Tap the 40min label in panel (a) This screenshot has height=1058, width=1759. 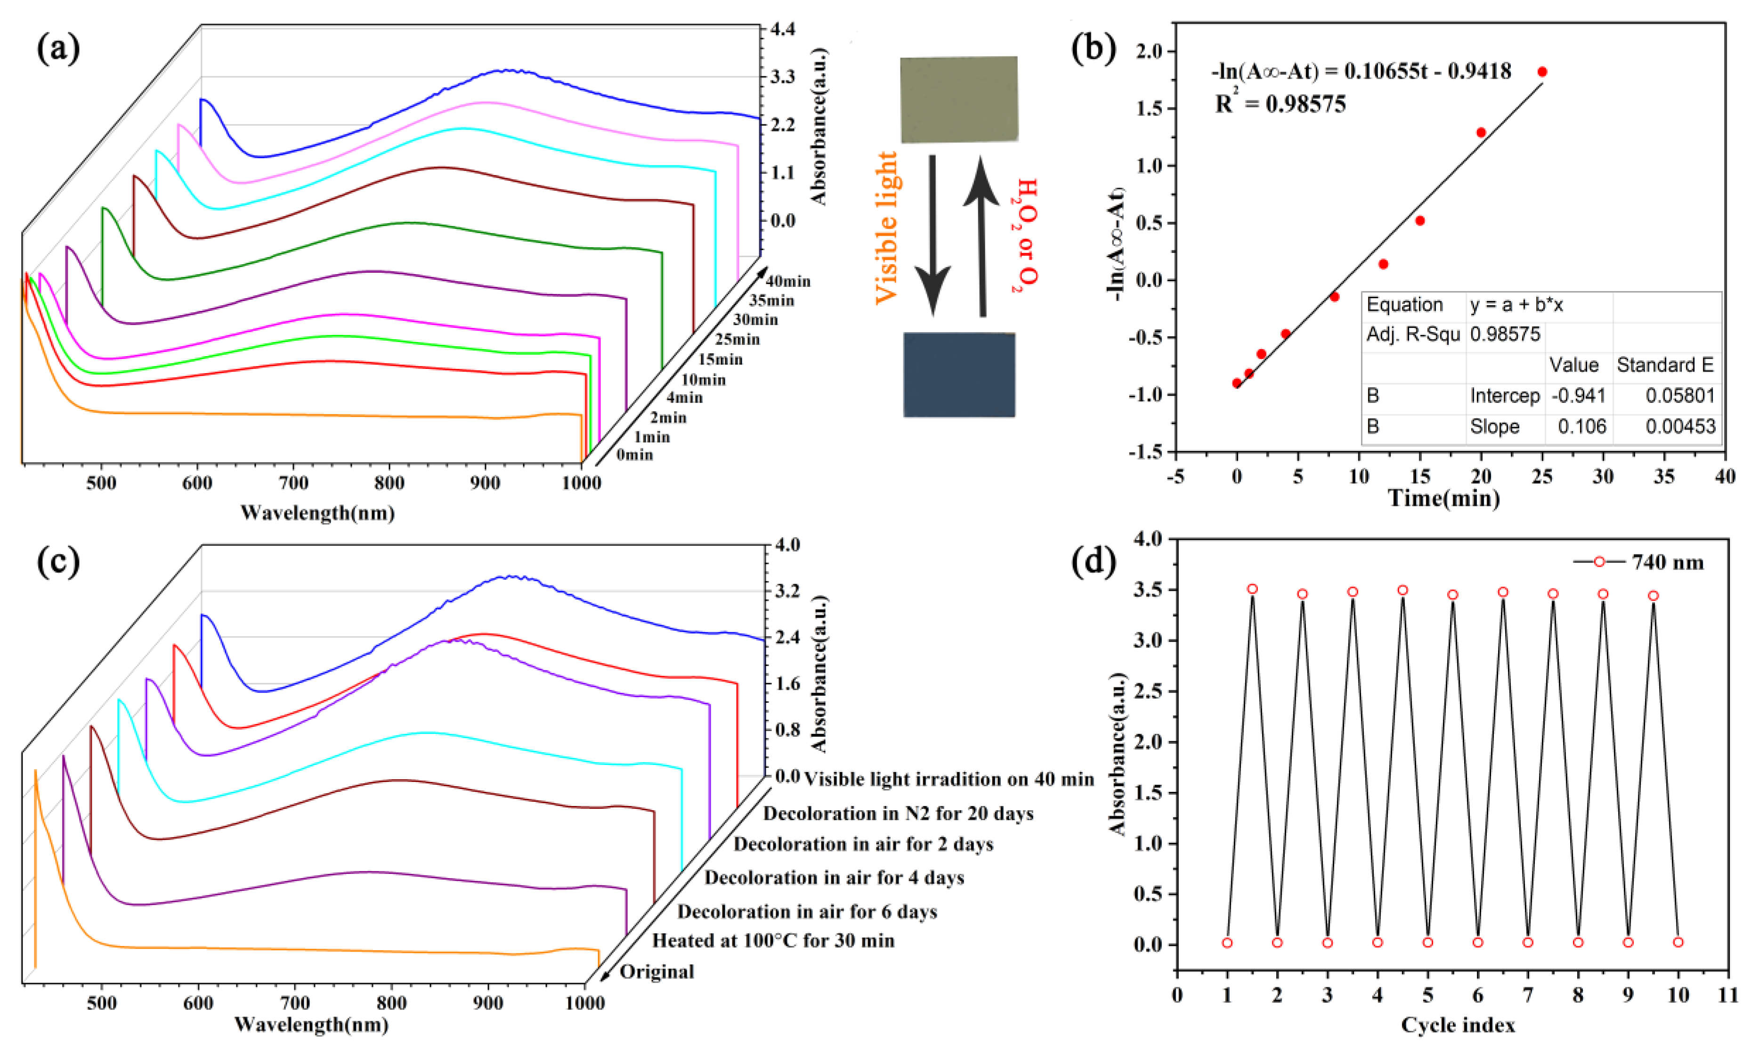click(x=787, y=281)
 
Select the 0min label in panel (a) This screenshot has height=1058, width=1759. click(x=634, y=454)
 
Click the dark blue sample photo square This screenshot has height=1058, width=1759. click(x=958, y=374)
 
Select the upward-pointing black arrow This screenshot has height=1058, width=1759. click(x=981, y=235)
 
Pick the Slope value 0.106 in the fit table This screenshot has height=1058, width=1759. click(x=1581, y=426)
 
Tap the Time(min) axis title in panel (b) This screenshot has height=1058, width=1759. click(x=1443, y=497)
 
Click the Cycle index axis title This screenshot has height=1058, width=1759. click(x=1458, y=1025)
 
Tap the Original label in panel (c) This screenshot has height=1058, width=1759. click(x=657, y=972)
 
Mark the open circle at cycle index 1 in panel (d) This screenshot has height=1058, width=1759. click(x=1227, y=943)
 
